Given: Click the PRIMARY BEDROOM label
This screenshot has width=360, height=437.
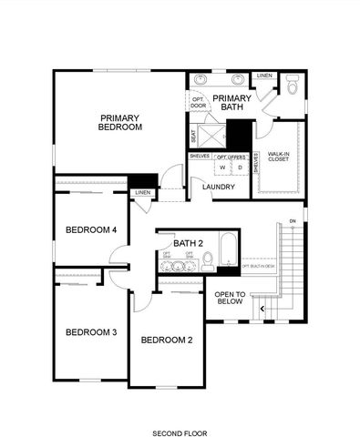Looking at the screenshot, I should [x=121, y=122].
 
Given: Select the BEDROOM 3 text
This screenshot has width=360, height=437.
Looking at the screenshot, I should [x=91, y=332].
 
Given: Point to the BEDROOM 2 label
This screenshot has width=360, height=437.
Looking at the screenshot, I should [x=166, y=340].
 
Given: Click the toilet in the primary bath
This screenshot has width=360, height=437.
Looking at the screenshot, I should [x=292, y=87].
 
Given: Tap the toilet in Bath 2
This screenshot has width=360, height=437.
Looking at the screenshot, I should [x=208, y=261].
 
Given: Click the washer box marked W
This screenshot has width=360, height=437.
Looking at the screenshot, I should [x=221, y=168].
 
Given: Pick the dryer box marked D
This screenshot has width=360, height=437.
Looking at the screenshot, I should [x=240, y=168].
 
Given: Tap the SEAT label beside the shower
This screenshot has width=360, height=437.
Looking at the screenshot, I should [x=193, y=137].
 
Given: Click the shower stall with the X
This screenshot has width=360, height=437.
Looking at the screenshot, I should [x=211, y=136].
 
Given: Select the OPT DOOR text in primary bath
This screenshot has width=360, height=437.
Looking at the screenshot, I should [x=199, y=102].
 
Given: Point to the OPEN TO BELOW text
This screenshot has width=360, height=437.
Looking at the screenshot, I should [x=230, y=299].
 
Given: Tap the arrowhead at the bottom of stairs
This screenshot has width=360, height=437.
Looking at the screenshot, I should [x=263, y=310].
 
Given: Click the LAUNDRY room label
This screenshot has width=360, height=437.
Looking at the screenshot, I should [x=219, y=188].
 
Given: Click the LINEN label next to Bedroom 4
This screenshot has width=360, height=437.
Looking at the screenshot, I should [x=142, y=193].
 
